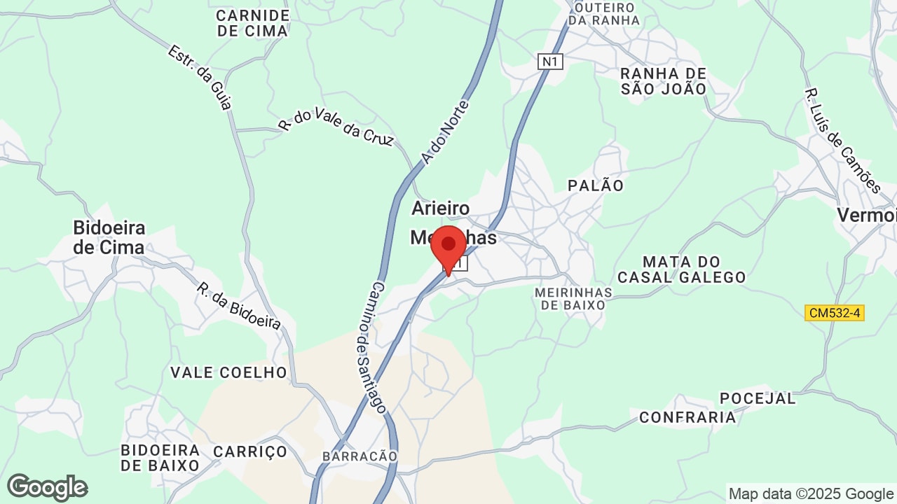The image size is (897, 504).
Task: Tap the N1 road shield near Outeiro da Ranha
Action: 551,62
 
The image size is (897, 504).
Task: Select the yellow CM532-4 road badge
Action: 834,313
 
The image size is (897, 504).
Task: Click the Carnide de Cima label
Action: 252,23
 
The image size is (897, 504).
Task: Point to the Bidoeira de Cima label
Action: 109,237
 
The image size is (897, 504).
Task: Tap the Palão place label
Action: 596,185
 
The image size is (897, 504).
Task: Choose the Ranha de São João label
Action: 664,81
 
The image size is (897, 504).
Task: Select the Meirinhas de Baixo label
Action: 573,298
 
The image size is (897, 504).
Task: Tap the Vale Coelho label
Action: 229,372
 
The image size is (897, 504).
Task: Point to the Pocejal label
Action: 758,398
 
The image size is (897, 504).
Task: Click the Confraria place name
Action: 687,418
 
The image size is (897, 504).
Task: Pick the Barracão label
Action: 360,456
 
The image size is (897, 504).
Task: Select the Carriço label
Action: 250,451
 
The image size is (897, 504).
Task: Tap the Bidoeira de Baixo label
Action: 160,457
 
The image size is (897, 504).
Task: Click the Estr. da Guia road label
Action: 200,78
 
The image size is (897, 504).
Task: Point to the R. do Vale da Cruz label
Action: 336,126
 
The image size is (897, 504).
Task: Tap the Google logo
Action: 47,488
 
